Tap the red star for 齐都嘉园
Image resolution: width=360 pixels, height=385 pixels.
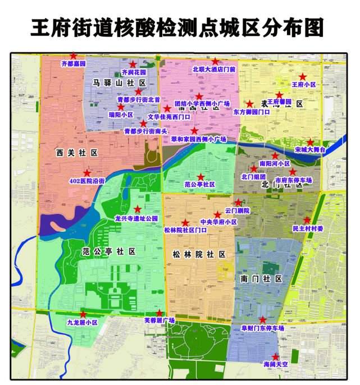(73, 56)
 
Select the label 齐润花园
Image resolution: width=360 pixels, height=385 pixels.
(134, 72)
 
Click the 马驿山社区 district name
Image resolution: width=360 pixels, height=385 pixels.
(119, 83)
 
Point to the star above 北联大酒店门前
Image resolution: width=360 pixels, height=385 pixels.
(215, 61)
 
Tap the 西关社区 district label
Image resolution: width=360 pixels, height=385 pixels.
(77, 152)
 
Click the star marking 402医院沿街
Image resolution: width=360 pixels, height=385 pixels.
(87, 173)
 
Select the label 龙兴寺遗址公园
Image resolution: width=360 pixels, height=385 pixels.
(136, 218)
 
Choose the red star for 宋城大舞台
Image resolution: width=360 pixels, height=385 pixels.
(309, 143)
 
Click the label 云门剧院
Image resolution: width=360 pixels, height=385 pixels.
(236, 210)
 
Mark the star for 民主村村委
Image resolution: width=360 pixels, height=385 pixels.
(307, 220)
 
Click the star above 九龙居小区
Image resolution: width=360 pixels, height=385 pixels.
(83, 314)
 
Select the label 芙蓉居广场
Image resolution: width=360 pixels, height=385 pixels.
(160, 320)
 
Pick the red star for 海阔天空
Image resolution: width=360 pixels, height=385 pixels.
(275, 356)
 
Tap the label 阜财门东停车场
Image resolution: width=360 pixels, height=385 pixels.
(263, 328)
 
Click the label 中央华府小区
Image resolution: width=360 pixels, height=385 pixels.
(218, 222)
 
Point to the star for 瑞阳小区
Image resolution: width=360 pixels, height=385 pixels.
(121, 106)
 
